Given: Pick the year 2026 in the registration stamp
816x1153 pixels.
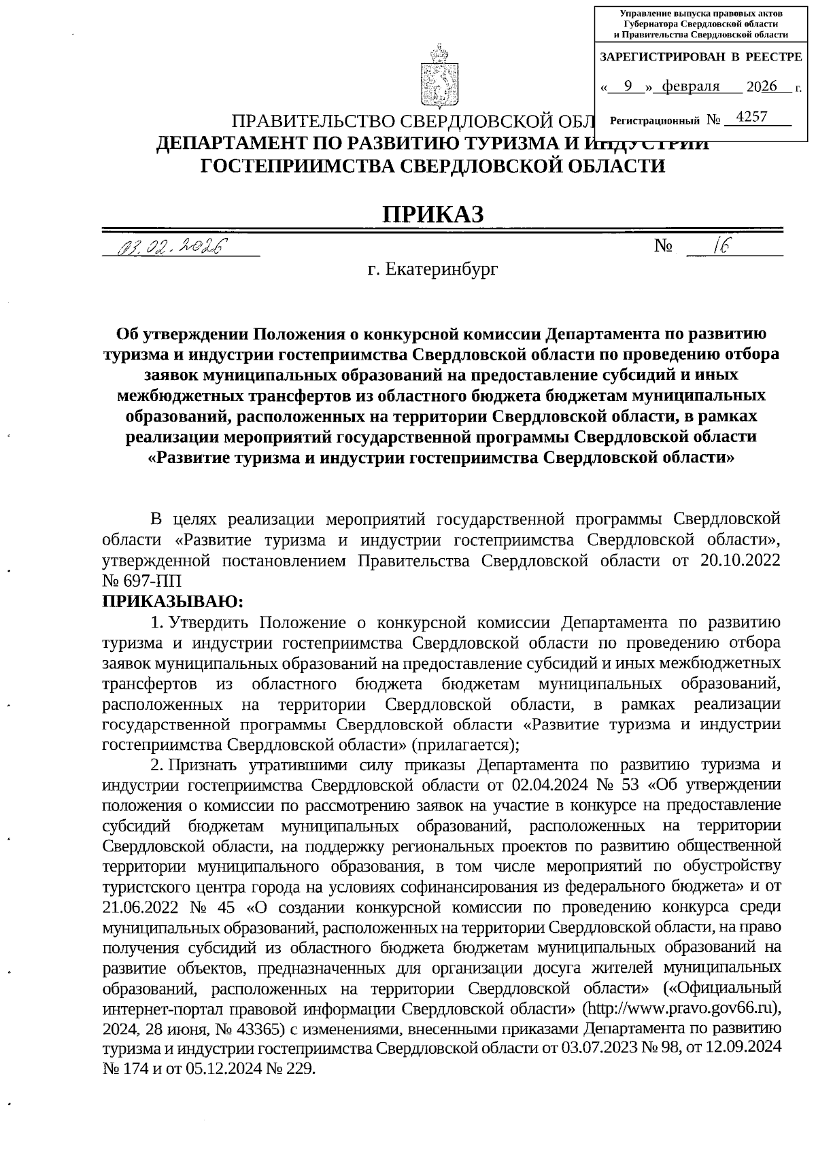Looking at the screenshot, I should coord(761,86).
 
